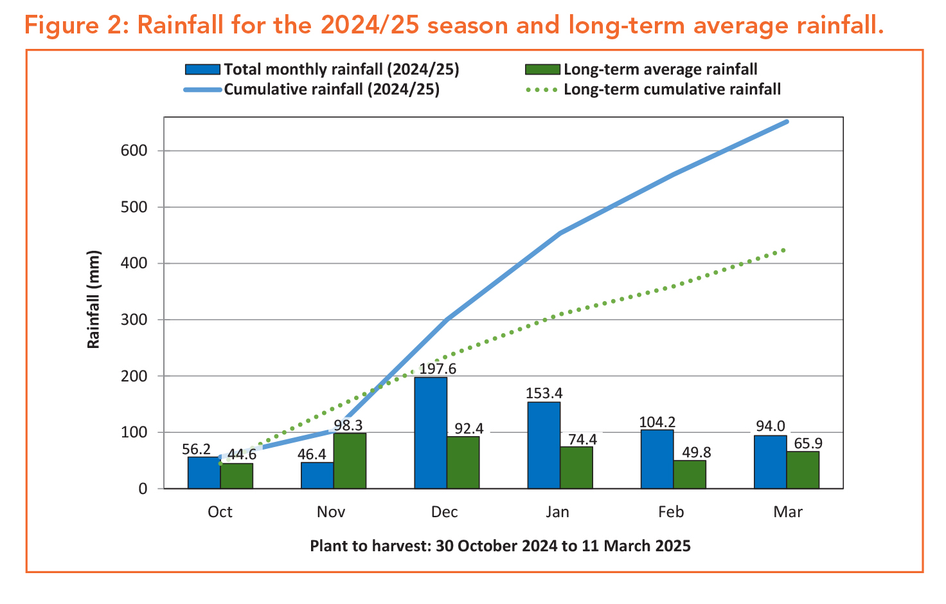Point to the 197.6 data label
[438, 369]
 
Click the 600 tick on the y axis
[134, 151]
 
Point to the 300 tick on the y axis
[134, 320]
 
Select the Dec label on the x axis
[445, 512]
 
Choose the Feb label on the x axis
[671, 512]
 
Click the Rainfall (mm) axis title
[94, 299]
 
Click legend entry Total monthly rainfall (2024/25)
[341, 69]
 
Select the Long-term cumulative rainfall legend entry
[672, 89]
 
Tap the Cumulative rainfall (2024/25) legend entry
[331, 89]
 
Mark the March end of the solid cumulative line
[787, 122]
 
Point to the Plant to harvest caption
[500, 546]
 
